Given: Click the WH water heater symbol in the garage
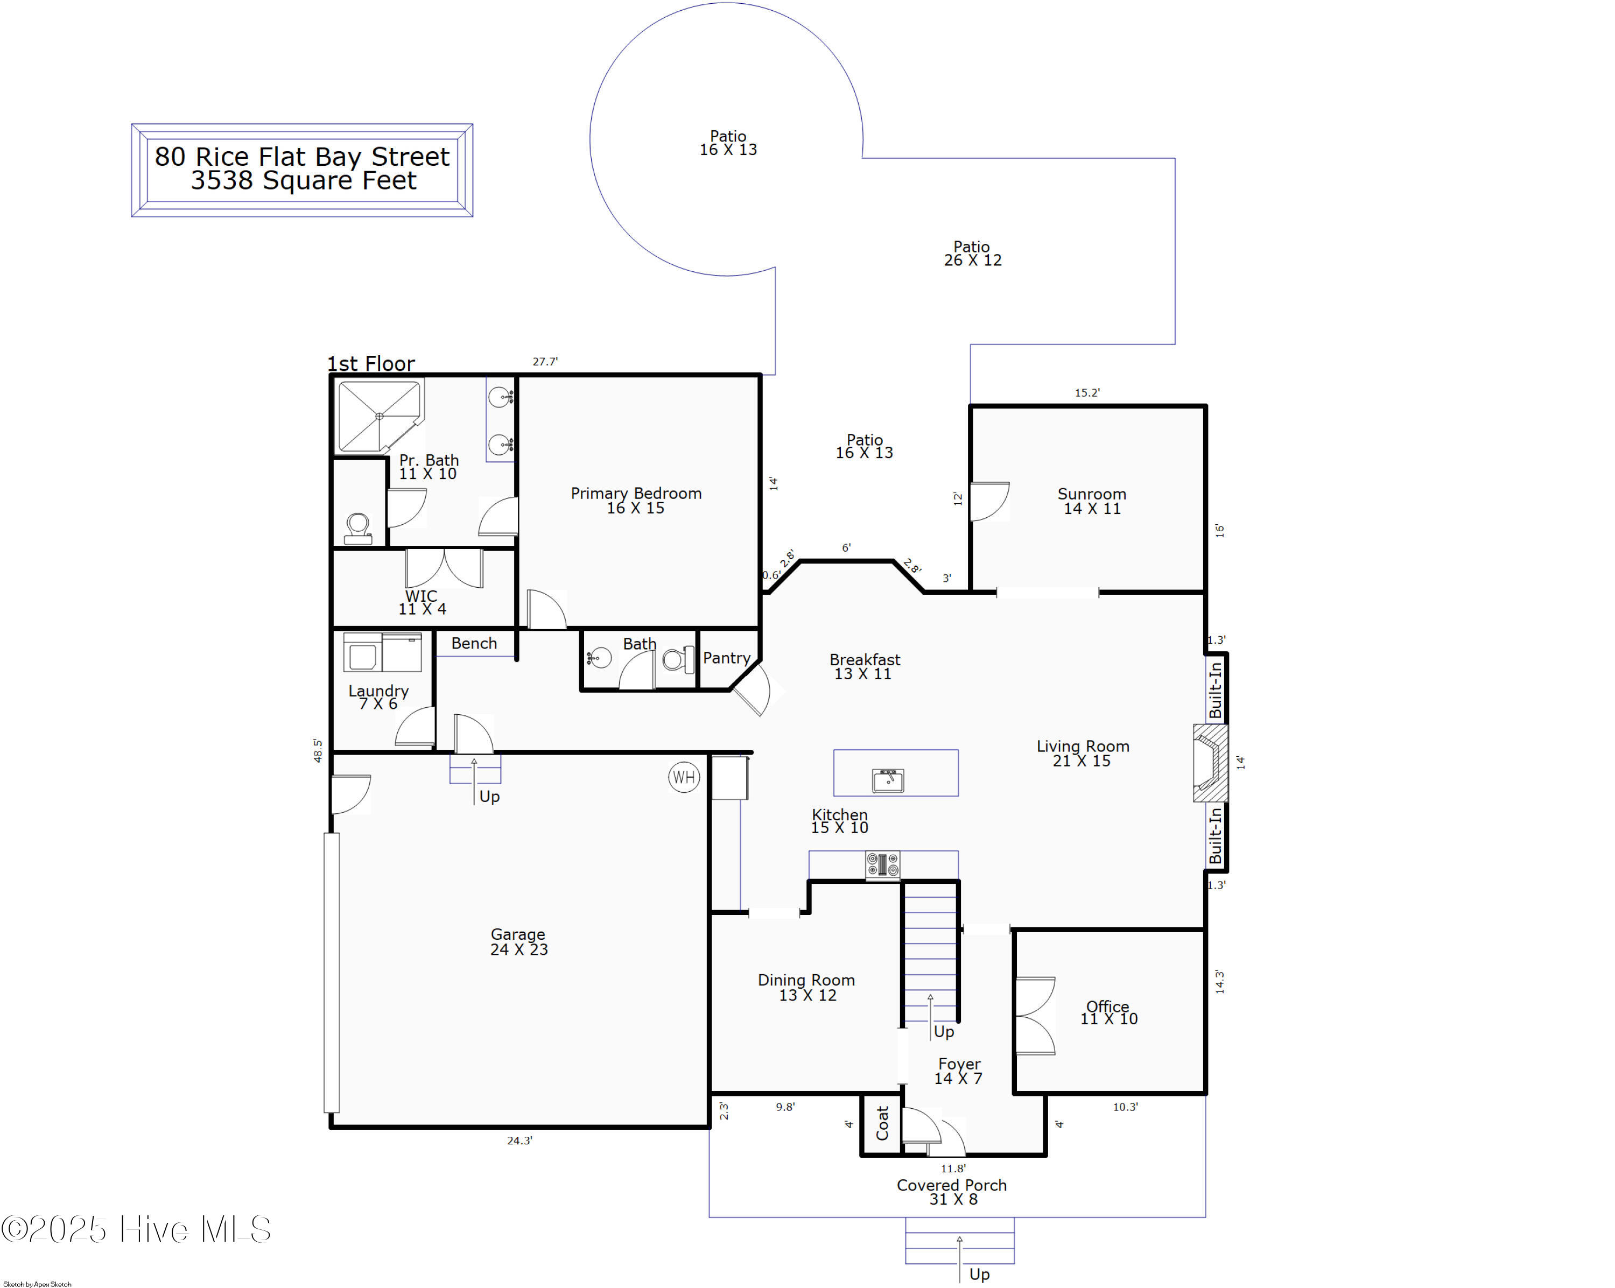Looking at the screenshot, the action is coord(684,777).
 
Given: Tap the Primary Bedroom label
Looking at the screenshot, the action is coord(636,500).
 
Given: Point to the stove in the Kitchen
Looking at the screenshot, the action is coord(882,865).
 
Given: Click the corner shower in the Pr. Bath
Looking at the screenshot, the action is coord(380,417).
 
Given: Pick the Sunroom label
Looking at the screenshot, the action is coord(1092,501).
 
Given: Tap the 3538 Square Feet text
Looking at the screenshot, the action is coord(304,180).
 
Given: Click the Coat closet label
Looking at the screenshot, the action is coord(882,1123).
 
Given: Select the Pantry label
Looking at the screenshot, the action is coord(727,658).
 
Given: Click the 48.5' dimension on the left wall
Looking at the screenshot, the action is coord(318,750).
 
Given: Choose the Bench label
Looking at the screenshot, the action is coord(474,643).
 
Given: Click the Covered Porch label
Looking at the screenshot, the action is coord(952,1192).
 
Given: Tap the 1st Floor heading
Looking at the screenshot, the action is coord(371,363).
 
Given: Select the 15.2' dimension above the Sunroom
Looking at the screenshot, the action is coord(1087,392).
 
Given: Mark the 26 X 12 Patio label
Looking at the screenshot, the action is coord(972,253).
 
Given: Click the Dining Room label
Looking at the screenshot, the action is coord(807,987).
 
